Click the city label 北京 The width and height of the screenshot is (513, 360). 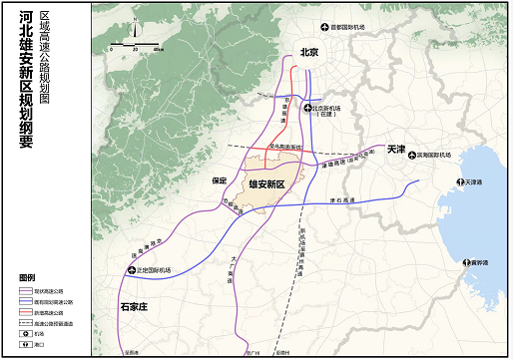tap(308, 52)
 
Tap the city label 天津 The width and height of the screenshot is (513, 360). tap(395, 149)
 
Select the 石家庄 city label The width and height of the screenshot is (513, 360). tap(133, 307)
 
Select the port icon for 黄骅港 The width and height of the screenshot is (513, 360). tap(462, 263)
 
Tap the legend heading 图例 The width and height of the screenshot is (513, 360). tap(26, 276)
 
